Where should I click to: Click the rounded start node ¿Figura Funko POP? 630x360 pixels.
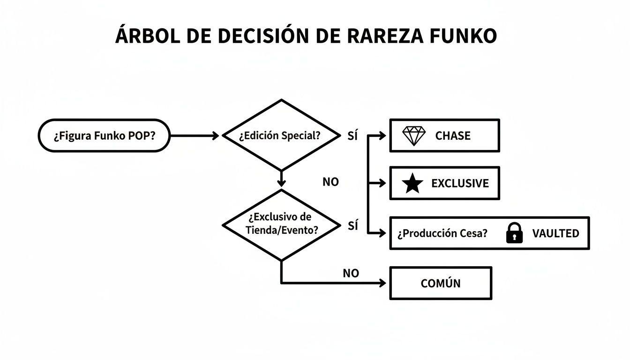(104, 136)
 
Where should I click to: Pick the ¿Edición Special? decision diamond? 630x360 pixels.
(281, 135)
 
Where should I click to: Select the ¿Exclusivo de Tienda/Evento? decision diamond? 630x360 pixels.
(281, 224)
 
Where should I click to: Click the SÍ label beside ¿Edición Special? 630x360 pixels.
(352, 136)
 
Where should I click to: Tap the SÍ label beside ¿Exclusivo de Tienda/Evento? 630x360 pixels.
(352, 226)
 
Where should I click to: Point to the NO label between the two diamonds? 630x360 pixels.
(330, 182)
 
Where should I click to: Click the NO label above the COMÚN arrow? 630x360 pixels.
(351, 273)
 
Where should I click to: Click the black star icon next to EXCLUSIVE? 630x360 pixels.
(412, 184)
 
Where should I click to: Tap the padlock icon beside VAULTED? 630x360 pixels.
(514, 233)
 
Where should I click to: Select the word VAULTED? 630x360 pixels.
(555, 233)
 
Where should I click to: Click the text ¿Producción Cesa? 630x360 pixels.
(442, 233)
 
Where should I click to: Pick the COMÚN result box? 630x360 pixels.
(440, 283)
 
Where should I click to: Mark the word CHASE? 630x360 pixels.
(452, 136)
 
